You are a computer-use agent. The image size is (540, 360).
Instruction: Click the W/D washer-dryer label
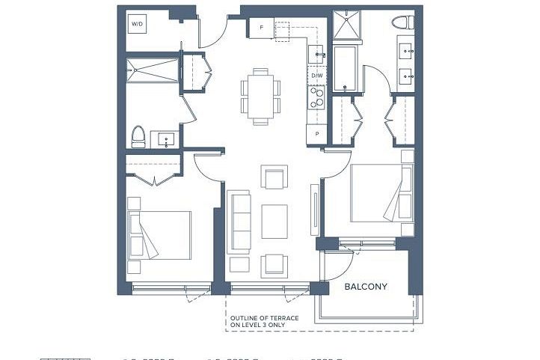(138, 25)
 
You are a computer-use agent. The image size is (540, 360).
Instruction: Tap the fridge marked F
(261, 28)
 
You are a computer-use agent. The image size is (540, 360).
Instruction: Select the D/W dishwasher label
(316, 76)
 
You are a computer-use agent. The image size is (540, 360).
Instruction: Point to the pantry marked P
(316, 133)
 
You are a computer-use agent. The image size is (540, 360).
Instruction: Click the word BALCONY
(365, 287)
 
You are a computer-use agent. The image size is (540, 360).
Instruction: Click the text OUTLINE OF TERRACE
(264, 318)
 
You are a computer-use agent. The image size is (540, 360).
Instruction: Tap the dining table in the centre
(261, 96)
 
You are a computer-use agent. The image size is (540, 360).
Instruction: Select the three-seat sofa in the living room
(239, 222)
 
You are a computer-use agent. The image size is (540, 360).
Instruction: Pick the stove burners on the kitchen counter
(316, 97)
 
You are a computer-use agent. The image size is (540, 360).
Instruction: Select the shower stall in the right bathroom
(346, 25)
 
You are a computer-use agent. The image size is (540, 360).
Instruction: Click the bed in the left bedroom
(159, 234)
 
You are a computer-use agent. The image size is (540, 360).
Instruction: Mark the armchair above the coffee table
(274, 179)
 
